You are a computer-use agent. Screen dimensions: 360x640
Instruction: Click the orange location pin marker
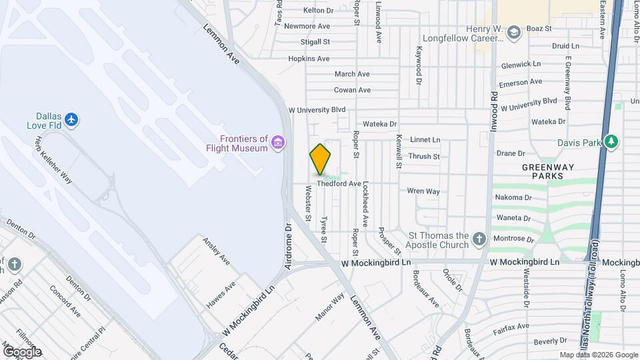321,159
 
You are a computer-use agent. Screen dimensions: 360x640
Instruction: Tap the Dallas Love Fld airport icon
72,120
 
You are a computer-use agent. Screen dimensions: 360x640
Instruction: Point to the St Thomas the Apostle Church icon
479,239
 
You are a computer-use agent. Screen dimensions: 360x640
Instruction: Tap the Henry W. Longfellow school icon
513,32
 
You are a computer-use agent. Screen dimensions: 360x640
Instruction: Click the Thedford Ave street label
339,183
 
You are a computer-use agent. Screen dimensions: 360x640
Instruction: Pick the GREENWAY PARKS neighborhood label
543,171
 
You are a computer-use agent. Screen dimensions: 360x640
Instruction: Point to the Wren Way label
423,191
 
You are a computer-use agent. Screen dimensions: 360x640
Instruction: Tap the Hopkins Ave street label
309,59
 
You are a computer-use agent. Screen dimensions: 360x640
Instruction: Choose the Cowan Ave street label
352,90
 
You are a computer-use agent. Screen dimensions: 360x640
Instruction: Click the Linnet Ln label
425,140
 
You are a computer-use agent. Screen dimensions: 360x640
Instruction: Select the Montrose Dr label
513,239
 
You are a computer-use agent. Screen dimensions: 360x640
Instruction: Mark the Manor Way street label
330,306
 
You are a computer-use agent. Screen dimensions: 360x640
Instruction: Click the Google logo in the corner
21,351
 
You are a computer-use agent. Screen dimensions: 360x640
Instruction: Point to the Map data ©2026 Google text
598,355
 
